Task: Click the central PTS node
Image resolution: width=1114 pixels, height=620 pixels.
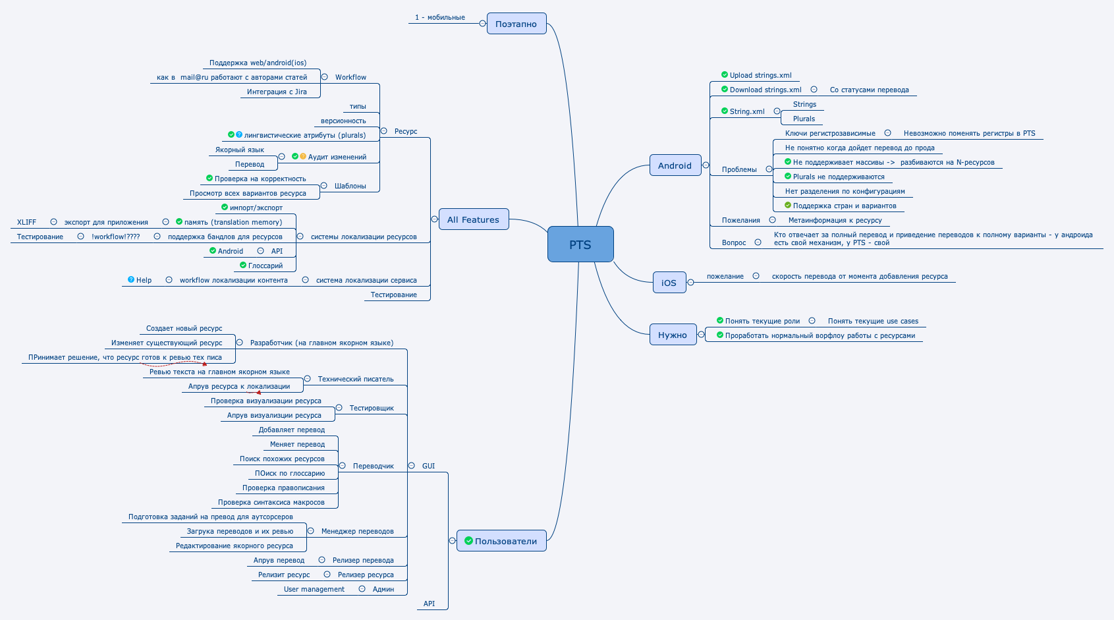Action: tap(580, 244)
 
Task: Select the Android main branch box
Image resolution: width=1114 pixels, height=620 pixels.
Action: tap(675, 165)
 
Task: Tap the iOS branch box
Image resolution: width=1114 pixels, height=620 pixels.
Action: tap(669, 283)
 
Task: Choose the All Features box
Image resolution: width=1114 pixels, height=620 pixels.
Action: tap(473, 219)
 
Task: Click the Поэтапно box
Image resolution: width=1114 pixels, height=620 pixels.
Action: tap(516, 24)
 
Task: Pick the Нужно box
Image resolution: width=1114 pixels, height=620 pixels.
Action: tap(672, 335)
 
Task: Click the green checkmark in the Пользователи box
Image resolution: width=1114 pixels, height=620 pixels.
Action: tap(468, 541)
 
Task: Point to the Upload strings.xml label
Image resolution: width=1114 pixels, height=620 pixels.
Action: tap(760, 75)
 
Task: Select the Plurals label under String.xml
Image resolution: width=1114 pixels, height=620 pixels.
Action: tap(804, 119)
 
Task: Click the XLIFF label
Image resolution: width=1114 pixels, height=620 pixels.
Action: tap(26, 222)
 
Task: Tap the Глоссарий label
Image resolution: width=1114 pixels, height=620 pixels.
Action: tap(265, 266)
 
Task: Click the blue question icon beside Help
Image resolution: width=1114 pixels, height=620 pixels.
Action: tap(131, 279)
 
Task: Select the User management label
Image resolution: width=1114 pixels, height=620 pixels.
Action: tap(314, 589)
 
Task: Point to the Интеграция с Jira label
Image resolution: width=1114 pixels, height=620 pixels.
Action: tap(277, 92)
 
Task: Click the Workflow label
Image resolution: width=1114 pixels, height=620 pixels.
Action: tap(350, 77)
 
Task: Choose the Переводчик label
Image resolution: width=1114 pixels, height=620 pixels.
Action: tap(373, 466)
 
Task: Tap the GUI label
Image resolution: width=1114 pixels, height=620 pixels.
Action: tap(428, 466)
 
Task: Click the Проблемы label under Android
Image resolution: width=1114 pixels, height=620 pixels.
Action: tap(739, 169)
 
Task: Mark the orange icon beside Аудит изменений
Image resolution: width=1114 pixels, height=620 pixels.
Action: tap(303, 156)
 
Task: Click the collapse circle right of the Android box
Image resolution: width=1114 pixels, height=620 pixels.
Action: tap(706, 165)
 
